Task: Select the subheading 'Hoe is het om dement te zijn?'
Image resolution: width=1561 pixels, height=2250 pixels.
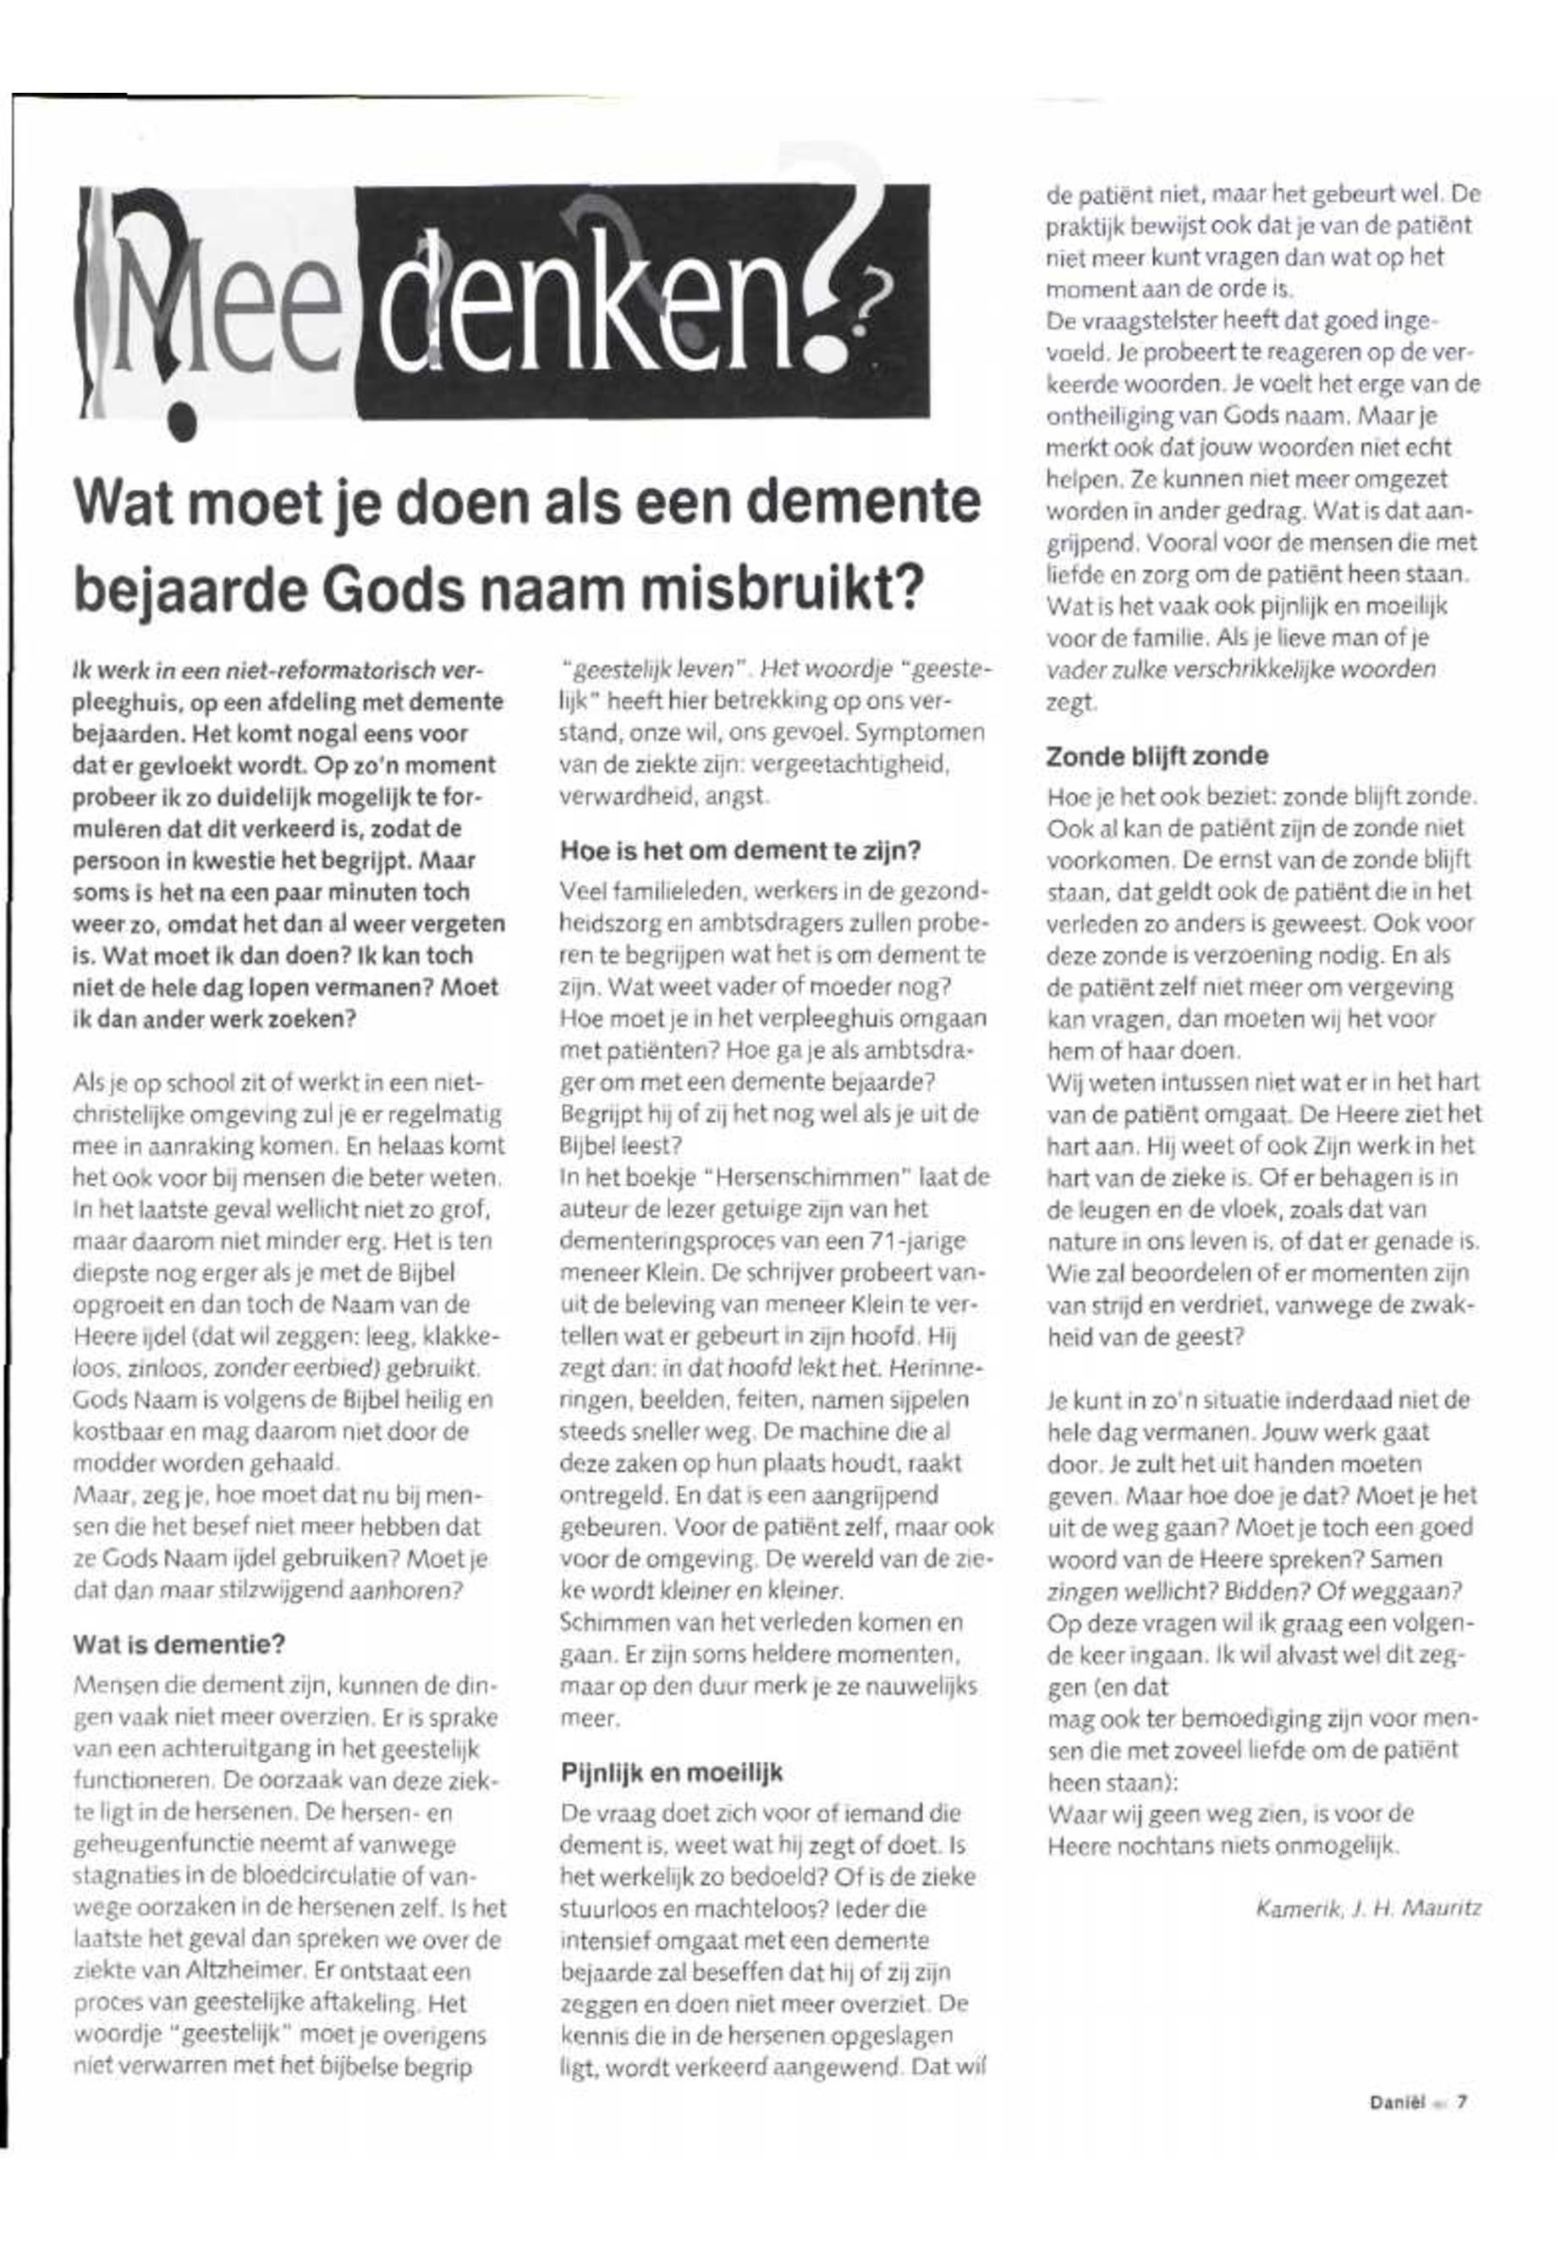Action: coord(740,851)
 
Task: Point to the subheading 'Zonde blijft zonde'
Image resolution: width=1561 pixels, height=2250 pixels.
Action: coord(1157,756)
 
